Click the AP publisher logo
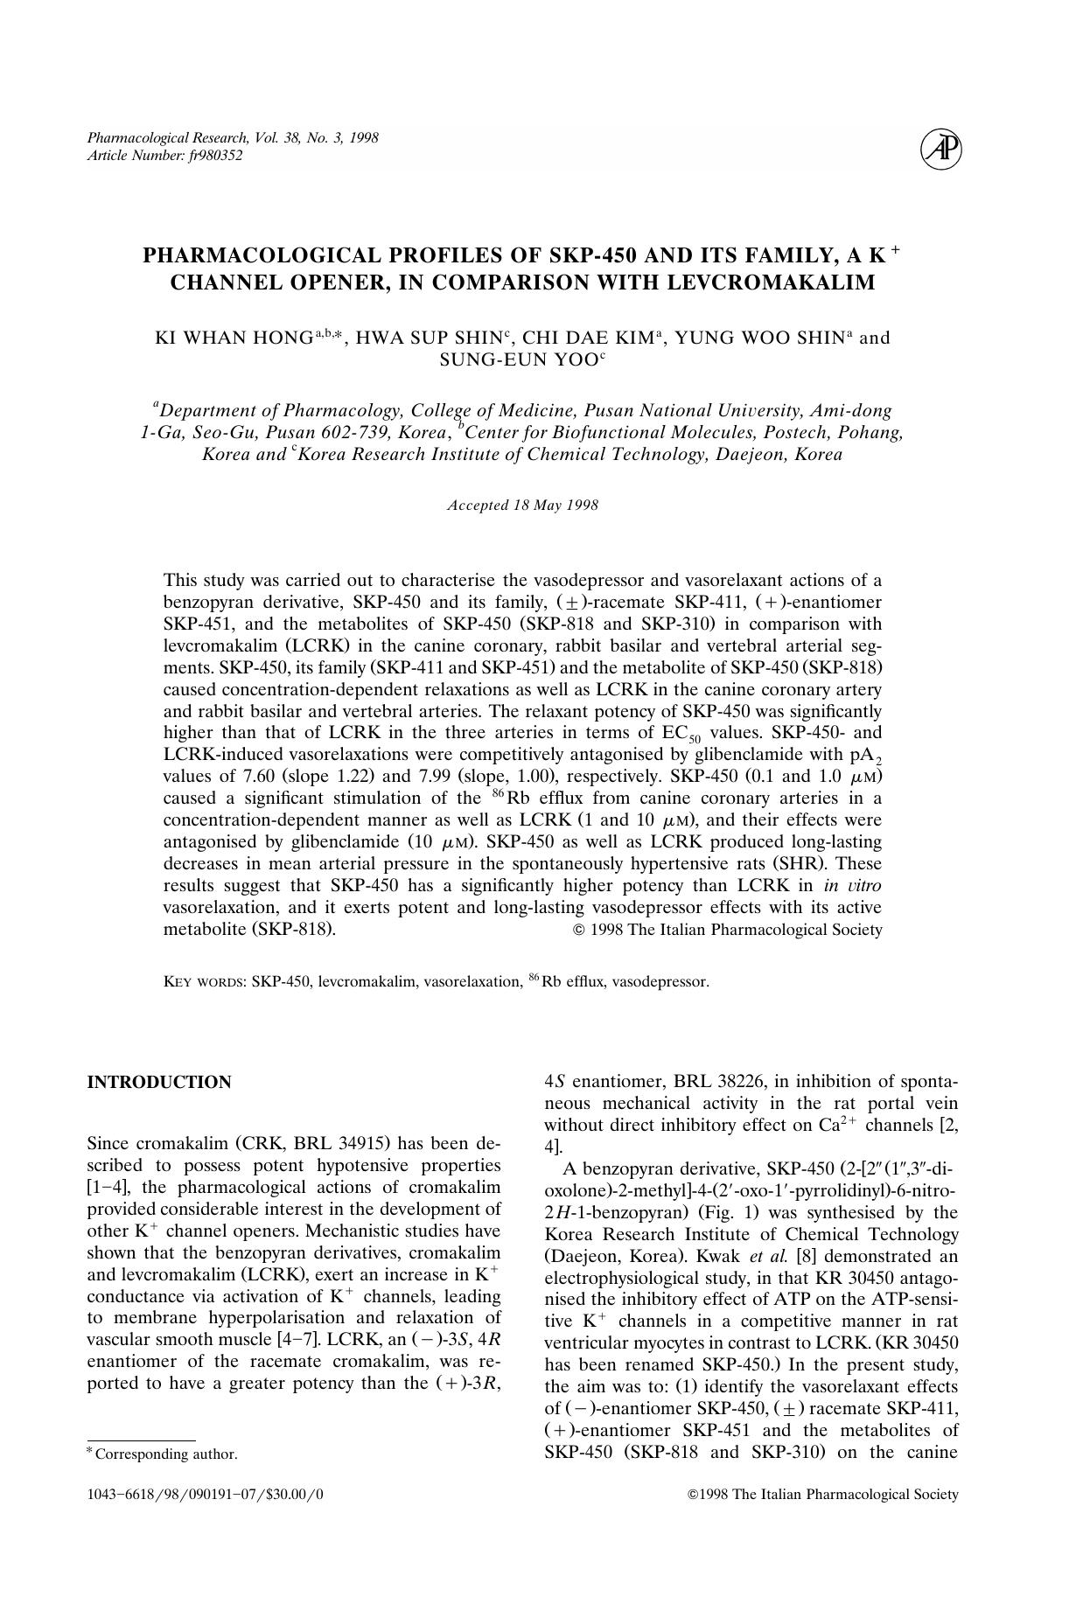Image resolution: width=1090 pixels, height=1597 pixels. point(941,150)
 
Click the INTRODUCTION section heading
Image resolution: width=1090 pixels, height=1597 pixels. point(159,1082)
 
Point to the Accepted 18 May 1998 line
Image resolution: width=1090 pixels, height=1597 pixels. point(522,506)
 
